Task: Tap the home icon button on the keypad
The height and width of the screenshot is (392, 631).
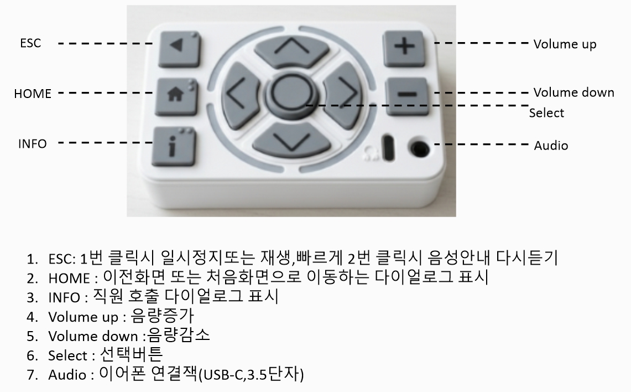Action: click(176, 97)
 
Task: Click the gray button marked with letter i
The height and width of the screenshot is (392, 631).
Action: click(174, 147)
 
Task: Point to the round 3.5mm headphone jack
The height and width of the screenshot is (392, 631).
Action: click(418, 149)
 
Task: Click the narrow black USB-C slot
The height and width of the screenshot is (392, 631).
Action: click(388, 148)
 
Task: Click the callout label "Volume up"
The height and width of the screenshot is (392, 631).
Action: click(565, 44)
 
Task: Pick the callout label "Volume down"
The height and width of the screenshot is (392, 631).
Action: click(573, 92)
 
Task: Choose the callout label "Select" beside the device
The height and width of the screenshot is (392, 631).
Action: click(546, 113)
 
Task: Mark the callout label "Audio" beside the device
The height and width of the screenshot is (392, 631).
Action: click(550, 146)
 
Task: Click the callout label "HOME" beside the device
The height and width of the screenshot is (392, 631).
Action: click(33, 94)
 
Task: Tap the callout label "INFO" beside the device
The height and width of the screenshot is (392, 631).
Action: click(32, 144)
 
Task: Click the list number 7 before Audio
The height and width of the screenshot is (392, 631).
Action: click(32, 375)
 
